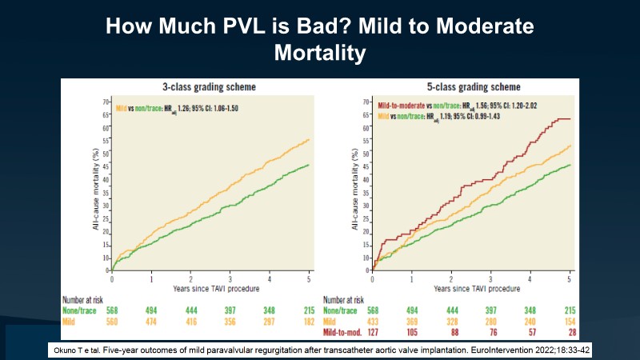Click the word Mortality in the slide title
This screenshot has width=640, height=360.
click(x=320, y=54)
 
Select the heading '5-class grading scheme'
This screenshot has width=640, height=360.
click(x=462, y=86)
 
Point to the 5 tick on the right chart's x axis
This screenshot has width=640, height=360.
click(x=570, y=278)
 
